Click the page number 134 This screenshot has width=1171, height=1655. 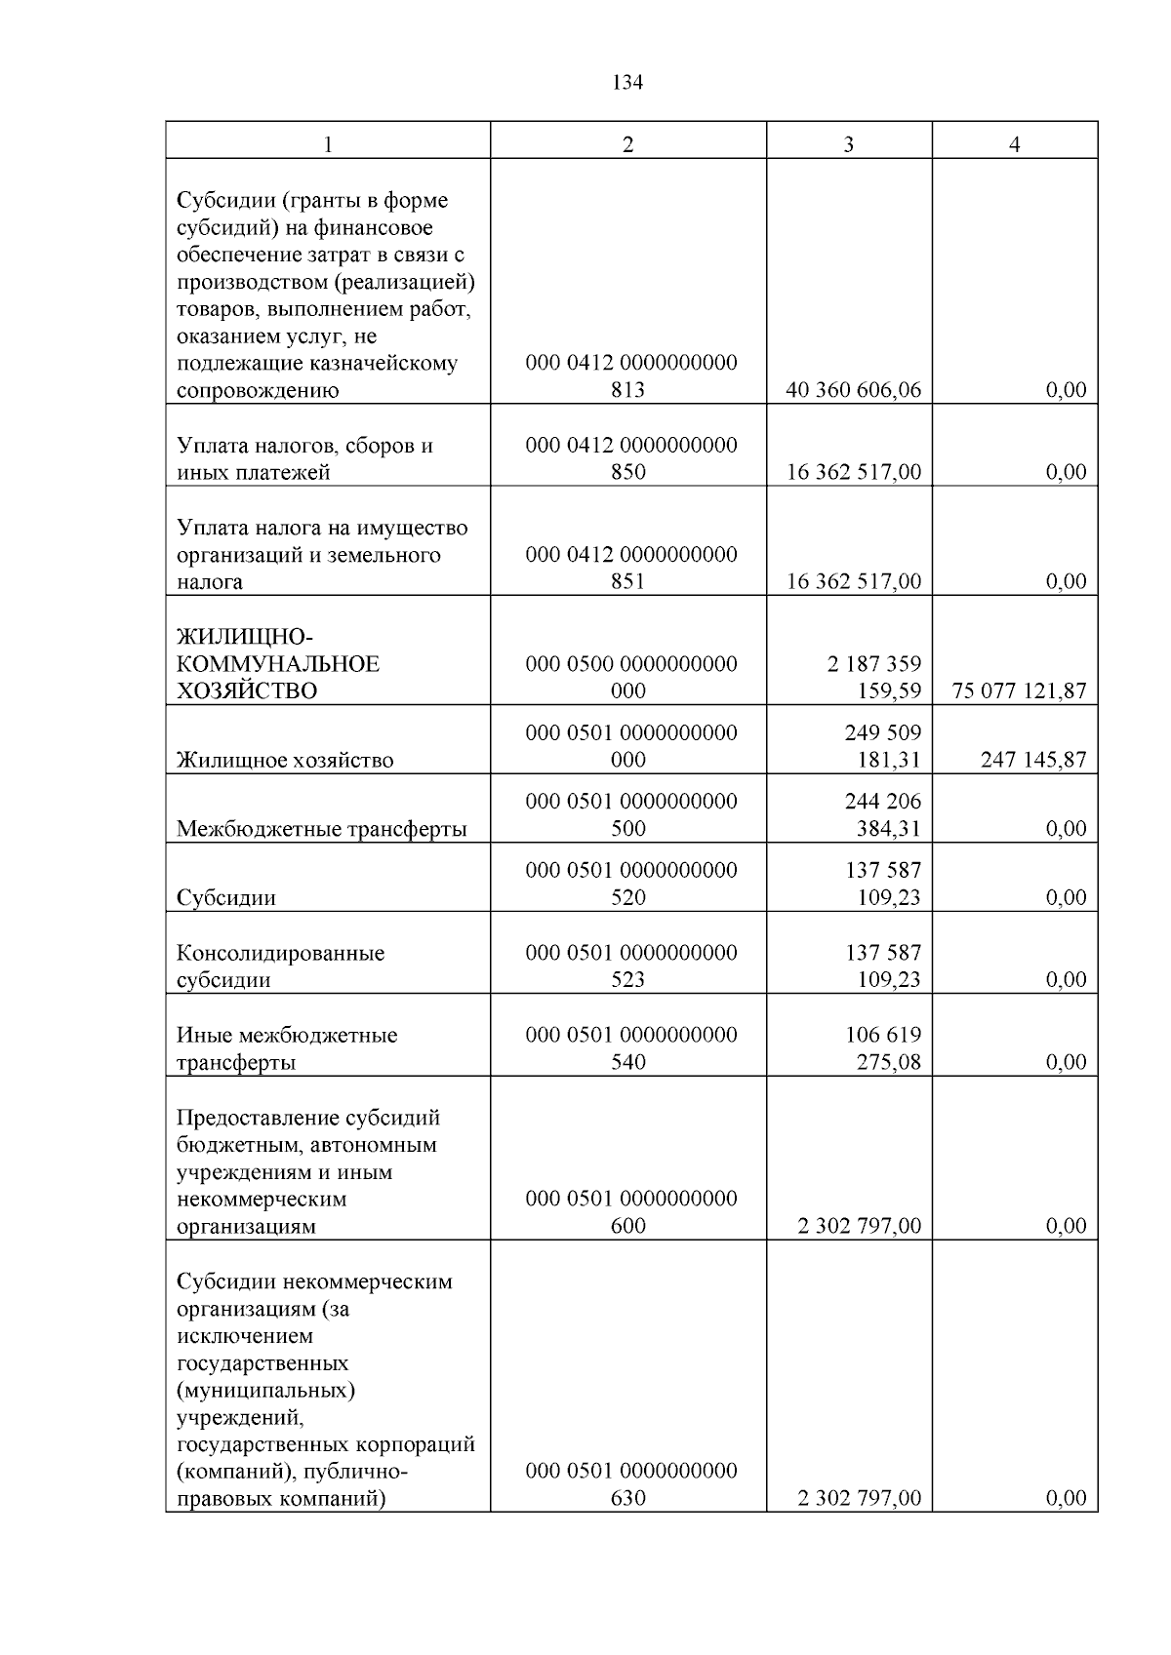tap(627, 83)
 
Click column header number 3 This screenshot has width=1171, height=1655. tap(848, 144)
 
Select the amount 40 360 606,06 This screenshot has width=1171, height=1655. tap(853, 390)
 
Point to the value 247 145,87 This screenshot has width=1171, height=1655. tap(1032, 760)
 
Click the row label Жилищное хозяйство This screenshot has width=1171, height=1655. tap(285, 760)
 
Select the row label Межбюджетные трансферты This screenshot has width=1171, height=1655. tap(321, 829)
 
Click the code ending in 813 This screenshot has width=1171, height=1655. tap(630, 376)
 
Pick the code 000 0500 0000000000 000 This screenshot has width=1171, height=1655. tap(630, 677)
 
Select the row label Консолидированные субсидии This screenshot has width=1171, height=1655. tap(280, 965)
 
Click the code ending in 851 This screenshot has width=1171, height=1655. tap(630, 568)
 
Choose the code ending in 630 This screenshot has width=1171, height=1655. tap(630, 1483)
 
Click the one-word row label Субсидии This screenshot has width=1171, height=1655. tap(225, 897)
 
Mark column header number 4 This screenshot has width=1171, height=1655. tap(1014, 144)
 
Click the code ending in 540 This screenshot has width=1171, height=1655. tap(630, 1048)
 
